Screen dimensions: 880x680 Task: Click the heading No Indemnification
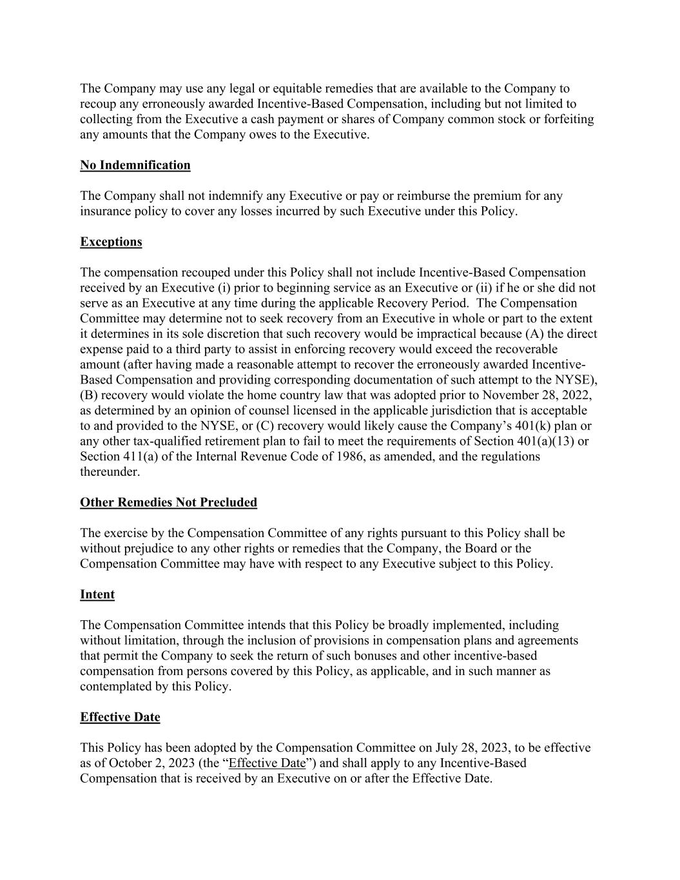(x=135, y=165)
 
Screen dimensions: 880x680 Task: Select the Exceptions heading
(x=111, y=242)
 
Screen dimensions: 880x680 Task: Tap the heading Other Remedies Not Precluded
(x=168, y=502)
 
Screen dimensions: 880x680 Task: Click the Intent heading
(x=97, y=594)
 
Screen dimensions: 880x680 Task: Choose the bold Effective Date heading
(x=120, y=717)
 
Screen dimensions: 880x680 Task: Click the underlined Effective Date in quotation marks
(x=267, y=763)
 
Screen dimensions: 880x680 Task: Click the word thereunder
(x=110, y=472)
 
